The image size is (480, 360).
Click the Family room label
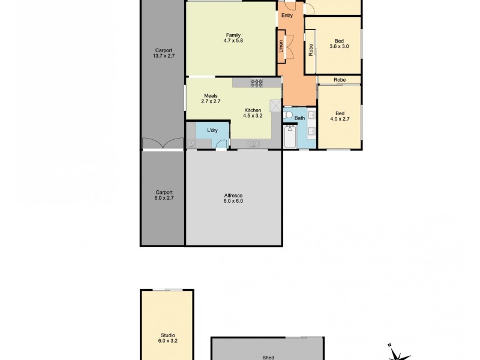click(x=233, y=38)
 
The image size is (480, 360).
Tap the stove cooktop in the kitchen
click(x=257, y=83)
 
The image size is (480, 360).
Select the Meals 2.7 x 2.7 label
click(x=210, y=98)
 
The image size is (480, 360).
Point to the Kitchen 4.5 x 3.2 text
click(x=253, y=113)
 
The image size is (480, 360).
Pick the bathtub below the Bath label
click(x=290, y=137)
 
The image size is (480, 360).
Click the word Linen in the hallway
click(x=281, y=46)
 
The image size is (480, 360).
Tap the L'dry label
click(x=212, y=130)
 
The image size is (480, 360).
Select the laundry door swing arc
click(x=221, y=143)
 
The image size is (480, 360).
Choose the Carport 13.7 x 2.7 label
click(x=163, y=53)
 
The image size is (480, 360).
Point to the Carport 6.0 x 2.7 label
click(x=163, y=196)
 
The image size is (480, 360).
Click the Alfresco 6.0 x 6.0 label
click(x=233, y=199)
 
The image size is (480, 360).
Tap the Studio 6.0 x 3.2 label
click(x=167, y=338)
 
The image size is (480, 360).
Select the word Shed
click(x=268, y=357)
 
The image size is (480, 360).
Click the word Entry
click(x=287, y=16)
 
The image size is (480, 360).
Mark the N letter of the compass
click(x=389, y=344)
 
